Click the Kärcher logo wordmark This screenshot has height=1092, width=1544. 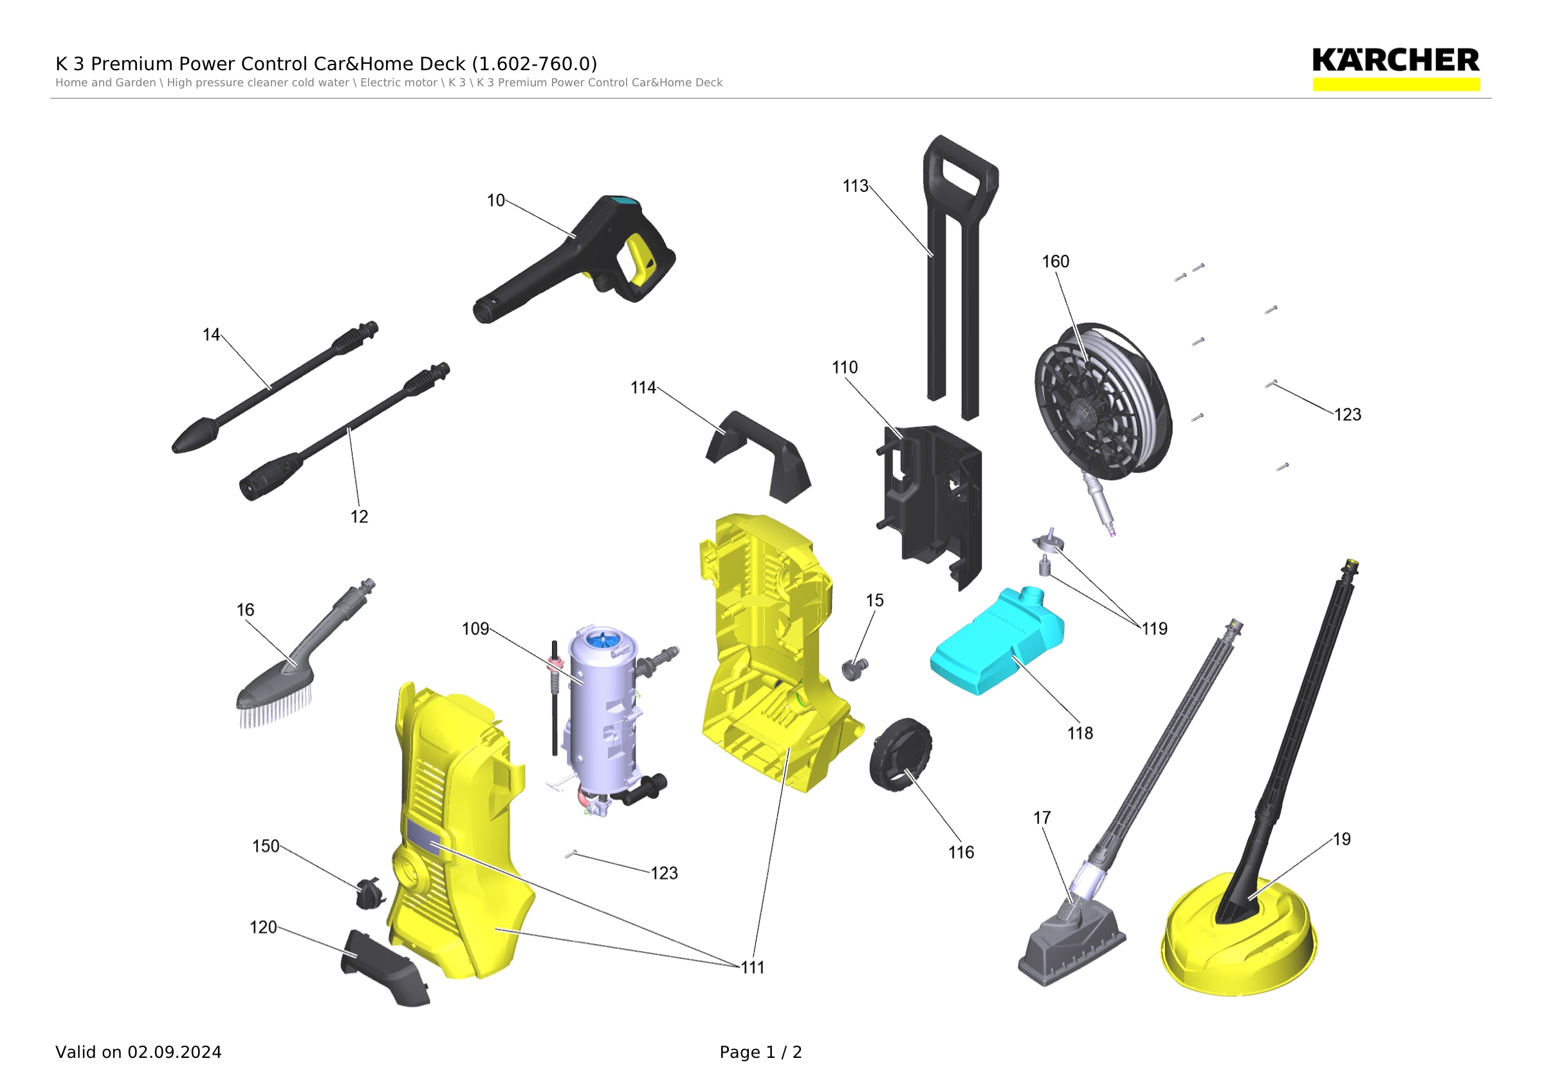[1395, 61]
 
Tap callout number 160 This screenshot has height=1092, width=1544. [1055, 261]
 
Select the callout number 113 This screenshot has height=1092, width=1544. [856, 186]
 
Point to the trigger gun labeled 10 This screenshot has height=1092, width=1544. [575, 259]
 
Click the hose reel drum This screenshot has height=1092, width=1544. [1103, 402]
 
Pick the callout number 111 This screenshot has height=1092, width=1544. [753, 968]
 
